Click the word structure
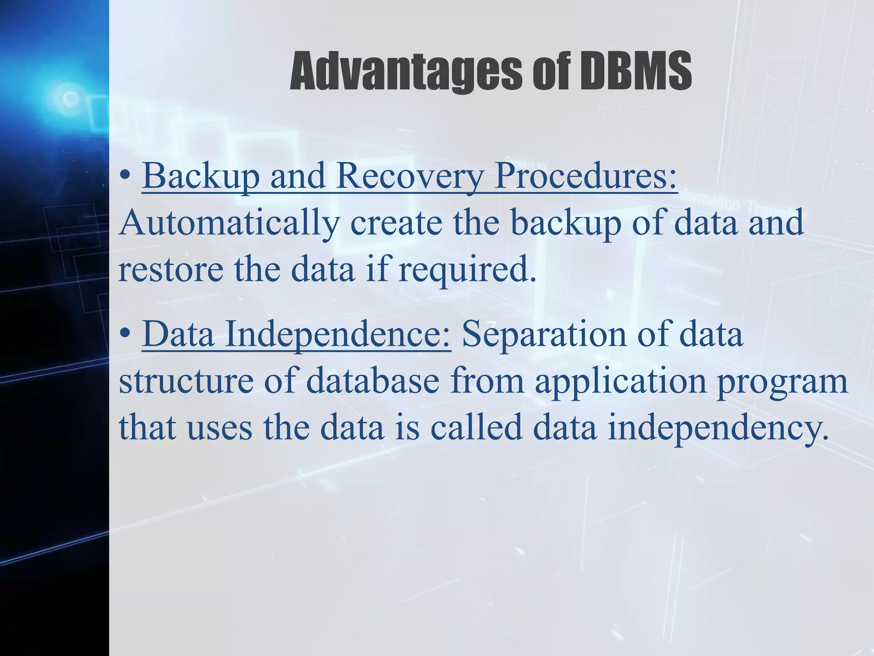point(186,381)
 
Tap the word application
point(621,381)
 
